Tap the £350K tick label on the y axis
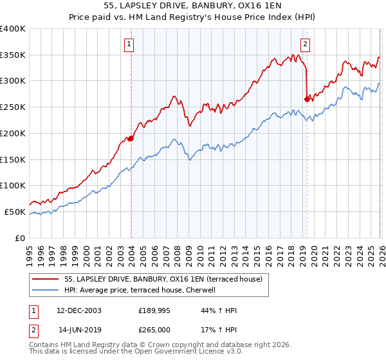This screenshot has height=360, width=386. pos(13,55)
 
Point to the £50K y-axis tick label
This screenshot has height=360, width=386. pos(15,212)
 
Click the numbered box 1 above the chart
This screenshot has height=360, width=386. pos(129,44)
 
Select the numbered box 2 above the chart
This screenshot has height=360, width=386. pos(304,44)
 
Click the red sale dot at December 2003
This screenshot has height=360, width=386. pos(131,138)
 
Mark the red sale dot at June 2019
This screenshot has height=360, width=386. pos(306,99)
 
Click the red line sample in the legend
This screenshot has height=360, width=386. pos(46,279)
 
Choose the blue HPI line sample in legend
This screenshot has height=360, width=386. pos(46,290)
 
